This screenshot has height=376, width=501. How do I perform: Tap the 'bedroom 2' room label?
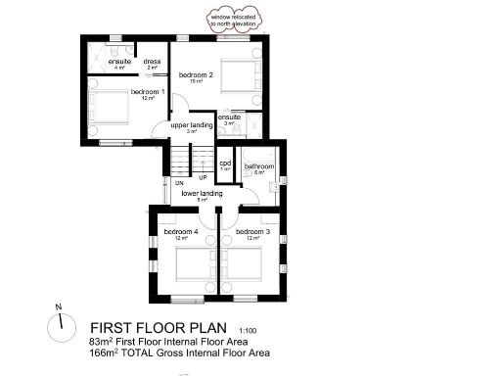click(x=196, y=74)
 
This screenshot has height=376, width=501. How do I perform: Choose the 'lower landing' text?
click(x=202, y=194)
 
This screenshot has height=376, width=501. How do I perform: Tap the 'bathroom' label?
click(x=260, y=166)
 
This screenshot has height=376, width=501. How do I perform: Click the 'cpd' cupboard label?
click(x=225, y=164)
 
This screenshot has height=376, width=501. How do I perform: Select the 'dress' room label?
click(x=152, y=62)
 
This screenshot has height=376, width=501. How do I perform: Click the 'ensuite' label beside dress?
click(x=119, y=62)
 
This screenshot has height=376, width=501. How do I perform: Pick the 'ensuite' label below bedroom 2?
click(x=230, y=117)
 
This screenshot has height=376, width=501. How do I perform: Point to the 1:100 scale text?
click(x=249, y=330)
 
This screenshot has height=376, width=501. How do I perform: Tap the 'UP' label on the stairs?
click(x=202, y=178)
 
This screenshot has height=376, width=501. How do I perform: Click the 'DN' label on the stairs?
click(x=179, y=183)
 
